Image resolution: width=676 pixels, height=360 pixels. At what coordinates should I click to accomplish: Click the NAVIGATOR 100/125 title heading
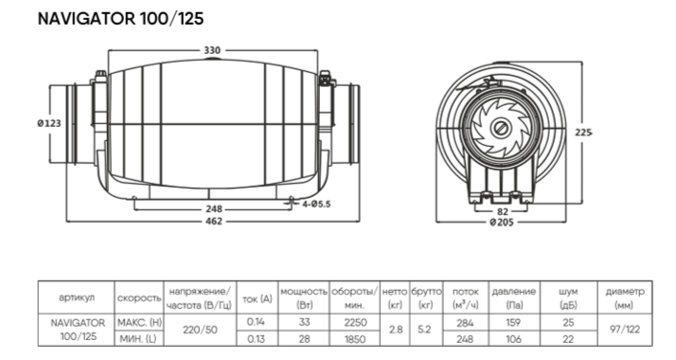pyautogui.click(x=121, y=19)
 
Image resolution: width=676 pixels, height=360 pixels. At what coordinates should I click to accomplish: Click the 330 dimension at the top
pyautogui.click(x=212, y=50)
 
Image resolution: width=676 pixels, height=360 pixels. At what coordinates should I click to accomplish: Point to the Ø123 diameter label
pyautogui.click(x=49, y=123)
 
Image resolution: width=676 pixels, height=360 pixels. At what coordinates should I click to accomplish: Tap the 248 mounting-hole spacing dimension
pyautogui.click(x=214, y=209)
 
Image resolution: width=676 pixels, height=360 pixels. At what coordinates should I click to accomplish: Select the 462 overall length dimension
pyautogui.click(x=214, y=221)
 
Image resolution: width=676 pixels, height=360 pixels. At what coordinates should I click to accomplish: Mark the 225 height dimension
pyautogui.click(x=583, y=133)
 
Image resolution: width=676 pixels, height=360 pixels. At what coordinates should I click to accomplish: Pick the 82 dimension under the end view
pyautogui.click(x=503, y=211)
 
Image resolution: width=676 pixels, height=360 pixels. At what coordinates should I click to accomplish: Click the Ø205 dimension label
pyautogui.click(x=502, y=222)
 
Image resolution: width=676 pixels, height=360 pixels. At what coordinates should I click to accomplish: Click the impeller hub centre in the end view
pyautogui.click(x=501, y=128)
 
